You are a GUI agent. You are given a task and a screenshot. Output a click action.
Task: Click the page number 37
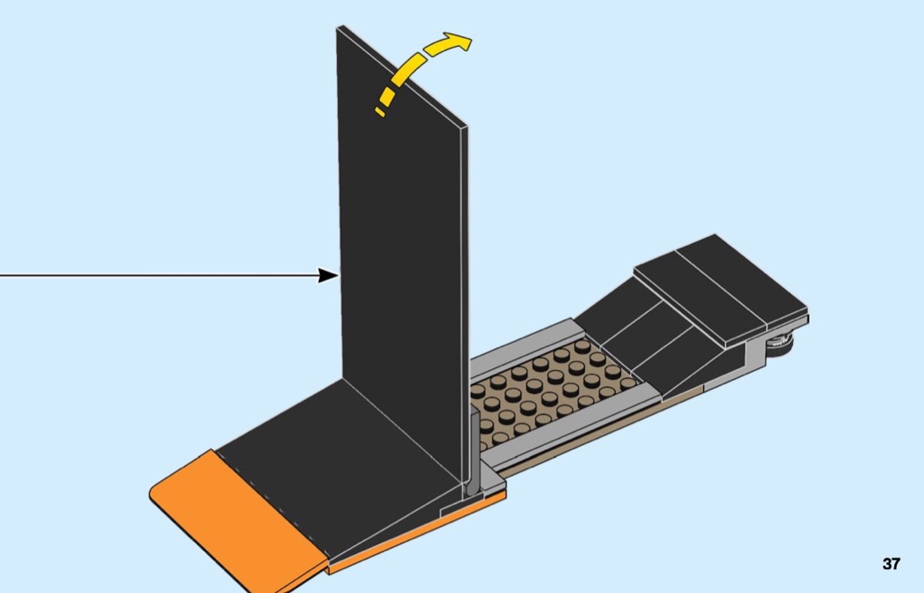pos(891,564)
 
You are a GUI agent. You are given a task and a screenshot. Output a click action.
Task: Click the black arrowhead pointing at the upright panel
pos(328,276)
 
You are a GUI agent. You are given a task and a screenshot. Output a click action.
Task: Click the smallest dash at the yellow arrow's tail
pos(379,112)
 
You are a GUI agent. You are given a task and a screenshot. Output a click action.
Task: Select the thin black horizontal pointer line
pos(158,276)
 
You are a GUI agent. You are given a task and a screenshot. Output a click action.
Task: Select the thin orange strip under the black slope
pos(414,538)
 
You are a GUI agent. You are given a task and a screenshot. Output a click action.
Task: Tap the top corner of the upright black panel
pos(340,29)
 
